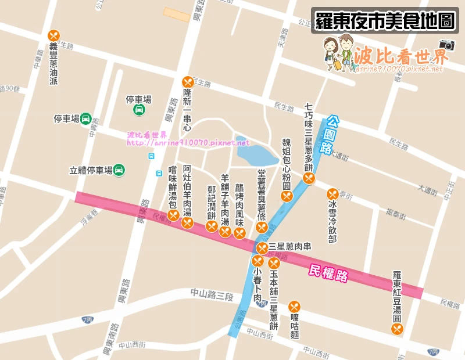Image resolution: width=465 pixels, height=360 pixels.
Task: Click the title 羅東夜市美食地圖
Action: tap(385, 21)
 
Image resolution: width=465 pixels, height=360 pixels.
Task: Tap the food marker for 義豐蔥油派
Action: tap(54, 35)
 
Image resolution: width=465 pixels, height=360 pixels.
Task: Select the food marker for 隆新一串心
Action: tap(187, 82)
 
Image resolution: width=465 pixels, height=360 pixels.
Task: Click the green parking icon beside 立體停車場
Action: tap(119, 170)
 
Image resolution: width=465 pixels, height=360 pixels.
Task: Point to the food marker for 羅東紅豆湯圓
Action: tap(397, 329)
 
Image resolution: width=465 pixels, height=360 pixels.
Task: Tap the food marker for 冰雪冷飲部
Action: tap(332, 194)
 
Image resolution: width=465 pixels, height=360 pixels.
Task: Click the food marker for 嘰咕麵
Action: tap(294, 307)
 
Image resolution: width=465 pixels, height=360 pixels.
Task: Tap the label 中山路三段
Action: tap(212, 295)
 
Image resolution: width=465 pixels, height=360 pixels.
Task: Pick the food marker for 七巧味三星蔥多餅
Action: tap(309, 178)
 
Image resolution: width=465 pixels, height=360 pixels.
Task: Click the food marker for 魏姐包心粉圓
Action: tap(286, 197)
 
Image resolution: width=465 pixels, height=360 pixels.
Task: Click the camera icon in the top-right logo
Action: tap(446, 45)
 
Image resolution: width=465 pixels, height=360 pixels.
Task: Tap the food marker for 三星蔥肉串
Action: tap(262, 247)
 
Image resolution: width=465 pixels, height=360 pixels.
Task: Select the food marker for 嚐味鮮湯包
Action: tap(173, 215)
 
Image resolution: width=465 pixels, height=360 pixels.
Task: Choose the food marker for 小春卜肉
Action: tap(257, 260)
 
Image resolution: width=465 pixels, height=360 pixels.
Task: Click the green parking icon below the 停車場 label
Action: tap(139, 110)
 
